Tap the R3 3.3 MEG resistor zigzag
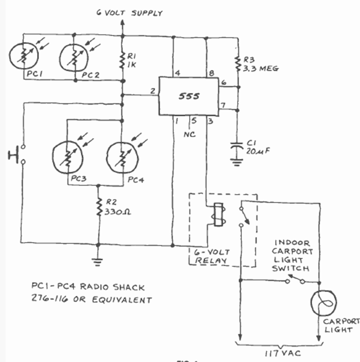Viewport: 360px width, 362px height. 238,64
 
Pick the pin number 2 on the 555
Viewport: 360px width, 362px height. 152,91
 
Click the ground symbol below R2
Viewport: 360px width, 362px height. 98,262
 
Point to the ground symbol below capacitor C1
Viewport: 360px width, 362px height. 237,162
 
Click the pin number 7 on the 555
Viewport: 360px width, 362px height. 223,106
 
